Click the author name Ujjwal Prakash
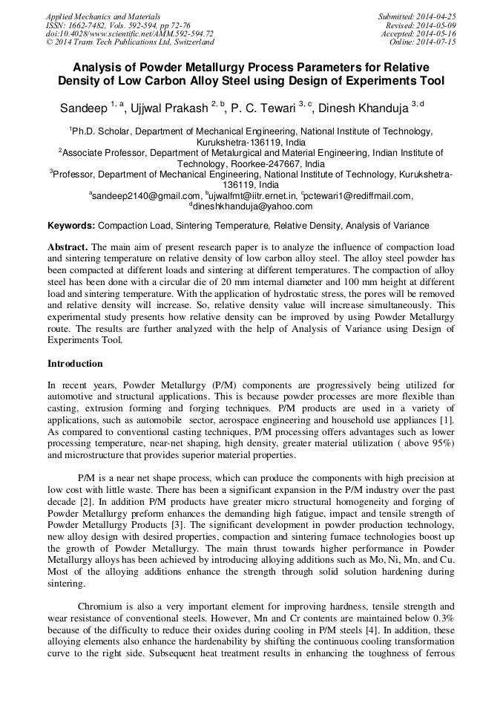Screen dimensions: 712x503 click(x=170, y=108)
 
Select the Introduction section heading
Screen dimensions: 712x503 click(x=75, y=364)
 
